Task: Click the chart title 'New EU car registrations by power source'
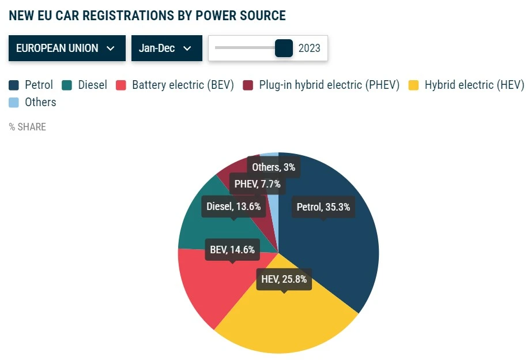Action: coord(148,16)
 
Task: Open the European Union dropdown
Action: coord(67,48)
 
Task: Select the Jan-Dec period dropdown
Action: coord(167,48)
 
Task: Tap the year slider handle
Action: coord(284,48)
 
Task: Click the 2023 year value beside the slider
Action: coord(310,48)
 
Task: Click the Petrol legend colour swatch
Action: coord(14,85)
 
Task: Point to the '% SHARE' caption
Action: coord(28,127)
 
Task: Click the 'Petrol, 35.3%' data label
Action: coord(323,207)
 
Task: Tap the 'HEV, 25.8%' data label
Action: coord(284,280)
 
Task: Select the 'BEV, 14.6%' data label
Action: coord(232,250)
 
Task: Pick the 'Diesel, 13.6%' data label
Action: coord(234,206)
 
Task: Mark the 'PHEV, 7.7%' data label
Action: coord(257,185)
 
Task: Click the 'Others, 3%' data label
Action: coord(274,167)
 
